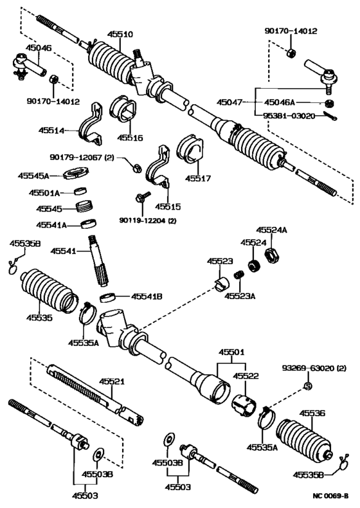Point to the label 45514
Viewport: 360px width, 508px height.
point(68,131)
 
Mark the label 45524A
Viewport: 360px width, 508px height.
point(272,230)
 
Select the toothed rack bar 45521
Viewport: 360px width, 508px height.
point(84,388)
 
